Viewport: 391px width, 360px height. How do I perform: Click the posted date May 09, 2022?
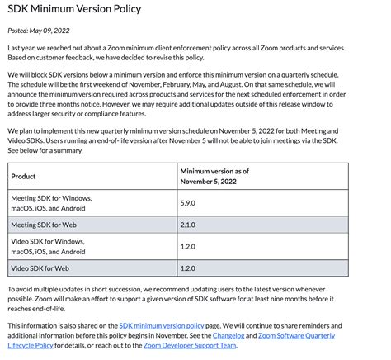[x=40, y=30]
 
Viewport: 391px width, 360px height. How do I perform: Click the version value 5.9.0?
[x=187, y=202]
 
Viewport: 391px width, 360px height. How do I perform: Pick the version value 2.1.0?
[x=187, y=224]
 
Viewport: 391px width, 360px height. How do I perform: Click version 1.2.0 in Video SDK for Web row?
[x=187, y=268]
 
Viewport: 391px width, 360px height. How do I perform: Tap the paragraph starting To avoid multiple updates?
[x=190, y=296]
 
